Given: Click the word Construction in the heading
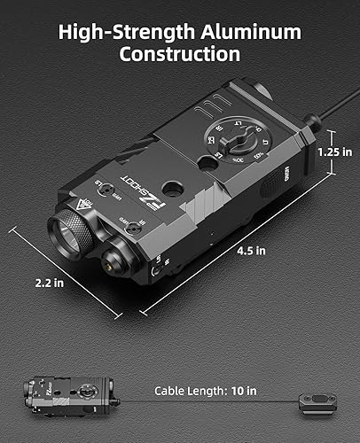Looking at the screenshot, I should (x=180, y=55).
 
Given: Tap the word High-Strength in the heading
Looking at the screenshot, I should (x=123, y=32).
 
